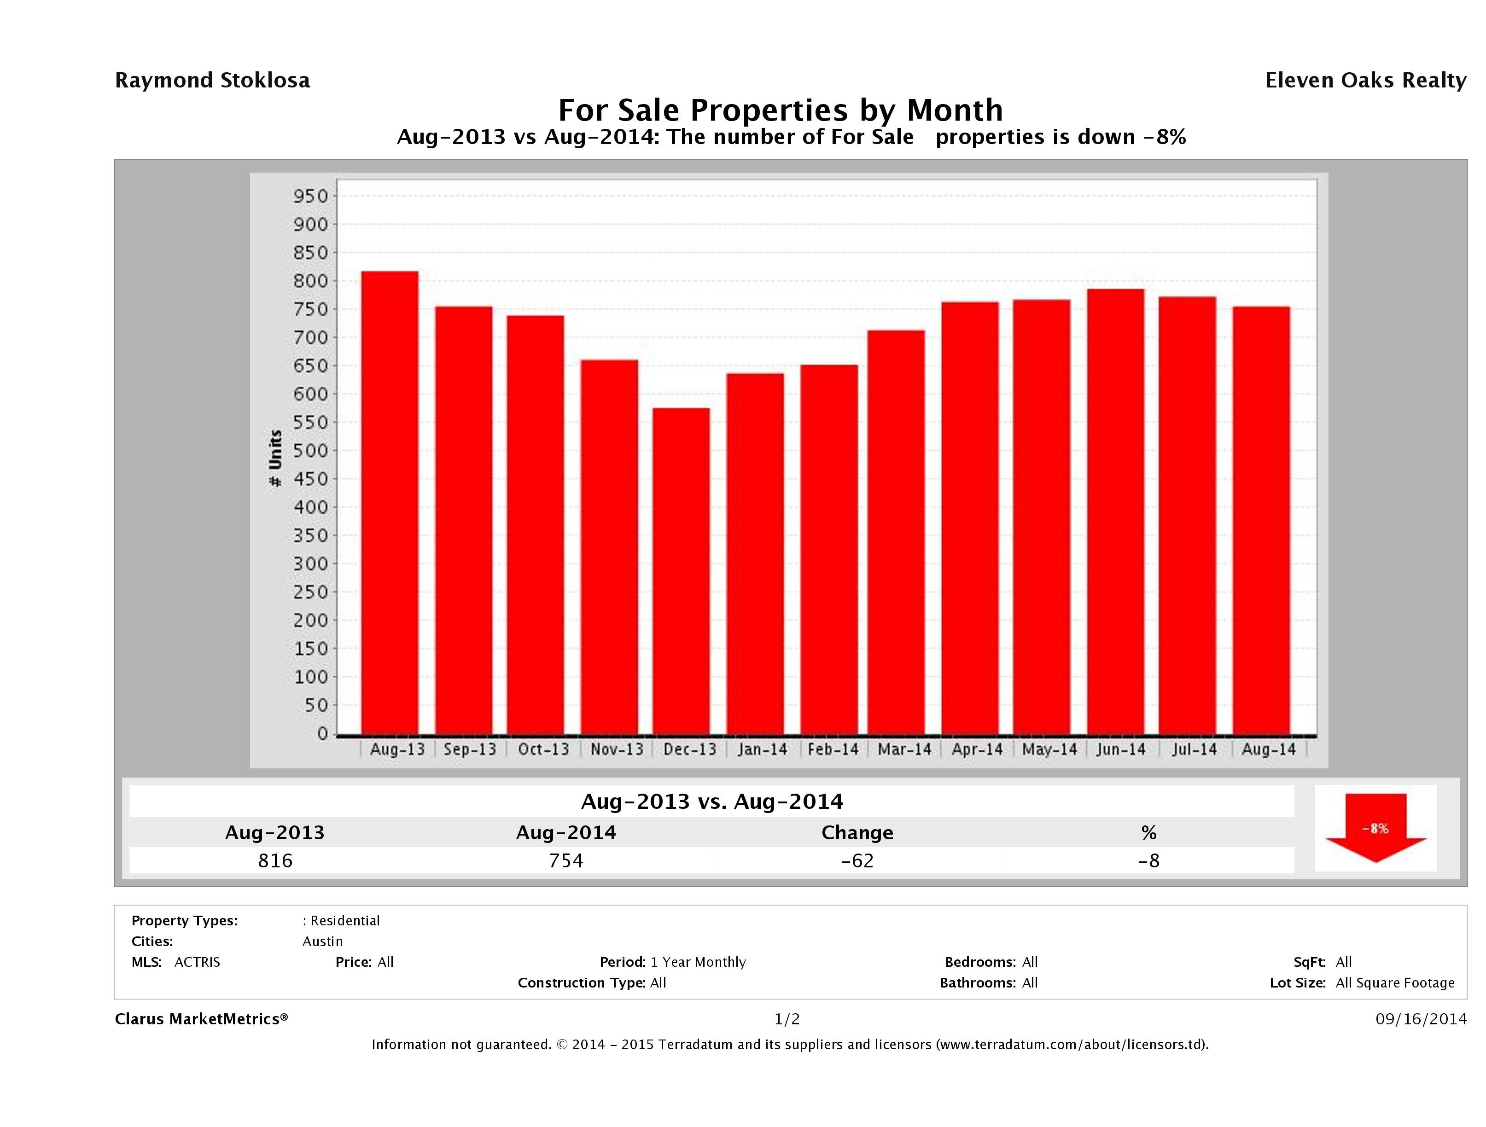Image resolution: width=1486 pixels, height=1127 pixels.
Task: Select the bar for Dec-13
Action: tap(681, 571)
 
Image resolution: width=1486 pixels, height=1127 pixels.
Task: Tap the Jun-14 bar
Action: tap(1115, 511)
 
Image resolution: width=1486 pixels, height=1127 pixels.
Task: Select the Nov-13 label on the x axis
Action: tap(617, 749)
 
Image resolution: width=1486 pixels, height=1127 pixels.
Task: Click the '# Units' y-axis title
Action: tap(275, 458)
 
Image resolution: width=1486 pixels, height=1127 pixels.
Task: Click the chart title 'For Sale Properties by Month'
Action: tap(781, 110)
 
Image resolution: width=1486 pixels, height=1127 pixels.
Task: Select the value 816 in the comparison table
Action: tap(275, 860)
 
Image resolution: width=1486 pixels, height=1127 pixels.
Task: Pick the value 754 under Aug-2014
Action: tap(566, 860)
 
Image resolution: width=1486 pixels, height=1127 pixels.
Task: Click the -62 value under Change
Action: tap(857, 860)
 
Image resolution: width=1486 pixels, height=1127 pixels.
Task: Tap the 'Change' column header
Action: tap(857, 833)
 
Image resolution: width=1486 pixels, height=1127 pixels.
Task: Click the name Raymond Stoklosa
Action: tap(212, 81)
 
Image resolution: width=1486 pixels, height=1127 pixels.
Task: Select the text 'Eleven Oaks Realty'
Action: tap(1365, 81)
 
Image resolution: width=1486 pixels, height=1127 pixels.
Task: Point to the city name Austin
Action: tap(322, 941)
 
